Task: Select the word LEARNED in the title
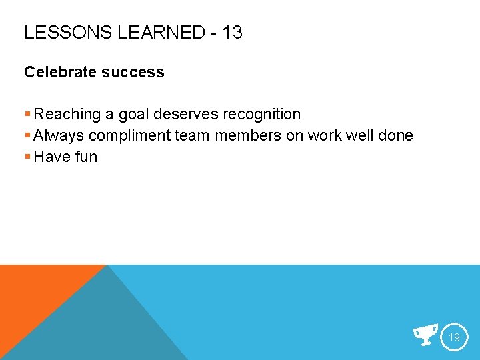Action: (x=159, y=32)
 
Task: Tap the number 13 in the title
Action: (x=233, y=32)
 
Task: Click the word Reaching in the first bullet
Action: (x=64, y=115)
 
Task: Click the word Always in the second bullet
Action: (x=59, y=136)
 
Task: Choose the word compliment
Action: (x=129, y=137)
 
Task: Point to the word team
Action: (x=191, y=136)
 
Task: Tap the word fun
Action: (x=85, y=157)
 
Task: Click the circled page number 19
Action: (x=454, y=337)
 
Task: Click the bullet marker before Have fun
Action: (x=27, y=157)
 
